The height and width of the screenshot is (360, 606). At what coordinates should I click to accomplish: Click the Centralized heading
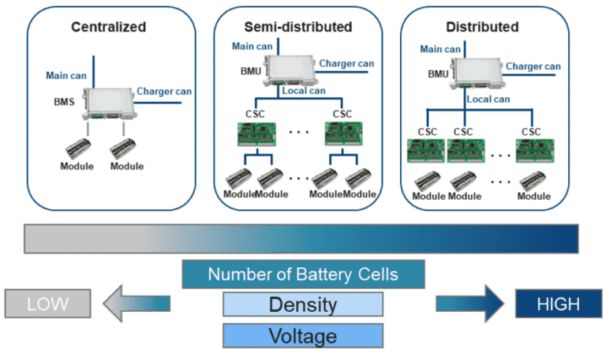point(109,27)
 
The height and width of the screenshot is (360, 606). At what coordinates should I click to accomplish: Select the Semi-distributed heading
point(304,27)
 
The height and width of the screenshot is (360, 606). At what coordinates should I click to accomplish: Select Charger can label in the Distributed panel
point(533,66)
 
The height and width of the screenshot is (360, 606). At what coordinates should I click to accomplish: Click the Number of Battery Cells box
point(304,275)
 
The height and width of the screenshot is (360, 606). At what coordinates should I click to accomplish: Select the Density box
point(303,305)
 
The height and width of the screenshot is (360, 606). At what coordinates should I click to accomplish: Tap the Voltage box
point(303,336)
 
